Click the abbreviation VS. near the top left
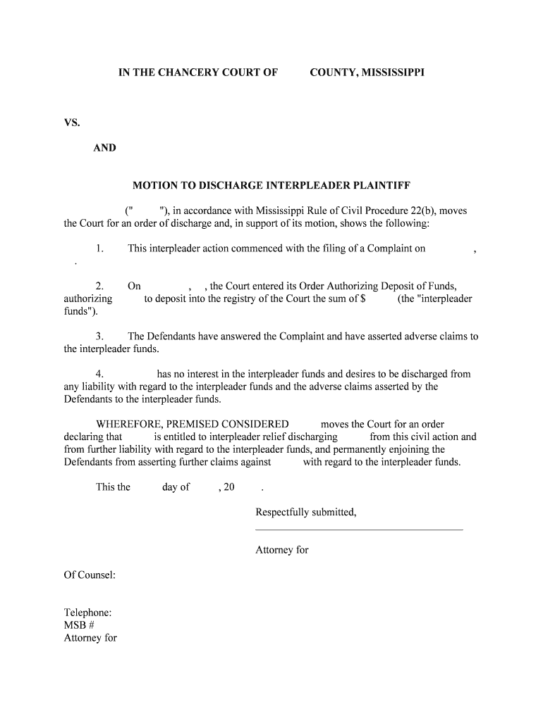[x=72, y=123]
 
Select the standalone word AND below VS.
[x=105, y=148]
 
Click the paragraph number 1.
[x=99, y=249]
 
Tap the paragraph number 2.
[x=99, y=286]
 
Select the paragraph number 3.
[x=99, y=336]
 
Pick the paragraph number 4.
[x=99, y=374]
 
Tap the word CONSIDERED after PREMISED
[x=255, y=424]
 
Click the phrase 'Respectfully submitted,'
[x=305, y=512]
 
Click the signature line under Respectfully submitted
[x=358, y=529]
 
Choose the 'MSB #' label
[x=75, y=625]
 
